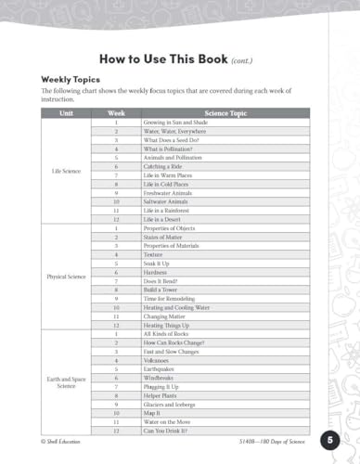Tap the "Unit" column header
click(x=66, y=113)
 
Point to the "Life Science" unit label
click(x=66, y=171)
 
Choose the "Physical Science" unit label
click(x=66, y=277)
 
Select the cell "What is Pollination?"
click(x=169, y=148)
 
